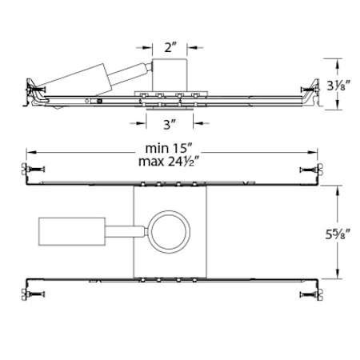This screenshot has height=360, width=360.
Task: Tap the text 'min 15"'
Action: [x=170, y=149]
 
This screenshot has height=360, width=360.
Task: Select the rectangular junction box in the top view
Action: [x=72, y=230]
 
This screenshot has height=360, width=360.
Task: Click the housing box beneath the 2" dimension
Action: [x=170, y=74]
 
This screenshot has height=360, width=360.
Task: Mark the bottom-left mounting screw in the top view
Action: [x=33, y=294]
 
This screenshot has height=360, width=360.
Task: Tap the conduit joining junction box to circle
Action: [x=126, y=231]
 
